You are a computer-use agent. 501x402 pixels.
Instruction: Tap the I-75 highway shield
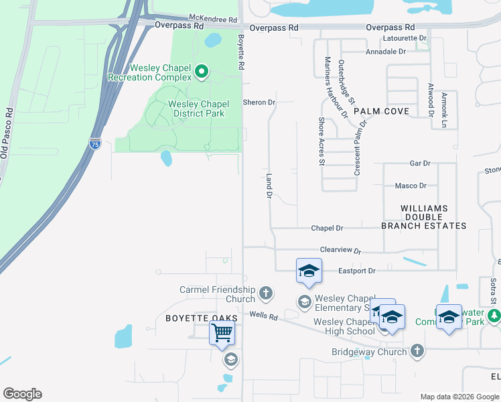pos(95,143)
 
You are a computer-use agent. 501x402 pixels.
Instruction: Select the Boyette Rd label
pos(240,53)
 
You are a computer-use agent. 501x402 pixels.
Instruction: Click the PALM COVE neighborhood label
pos(382,111)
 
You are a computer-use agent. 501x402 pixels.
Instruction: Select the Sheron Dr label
pos(259,103)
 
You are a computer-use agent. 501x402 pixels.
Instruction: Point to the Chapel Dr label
pos(327,228)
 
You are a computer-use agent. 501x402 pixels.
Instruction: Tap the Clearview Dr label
pos(340,250)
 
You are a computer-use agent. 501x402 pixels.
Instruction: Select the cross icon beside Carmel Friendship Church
pos(266,293)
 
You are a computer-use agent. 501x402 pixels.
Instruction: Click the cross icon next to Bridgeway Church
pos(417,351)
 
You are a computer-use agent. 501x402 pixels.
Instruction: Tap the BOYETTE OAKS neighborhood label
pos(192,319)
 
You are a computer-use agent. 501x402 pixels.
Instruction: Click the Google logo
pos(22,394)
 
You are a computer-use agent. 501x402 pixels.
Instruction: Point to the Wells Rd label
pos(263,314)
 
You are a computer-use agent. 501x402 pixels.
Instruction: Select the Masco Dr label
pos(411,186)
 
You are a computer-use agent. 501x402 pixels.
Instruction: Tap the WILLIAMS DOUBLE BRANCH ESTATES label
pos(423,217)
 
